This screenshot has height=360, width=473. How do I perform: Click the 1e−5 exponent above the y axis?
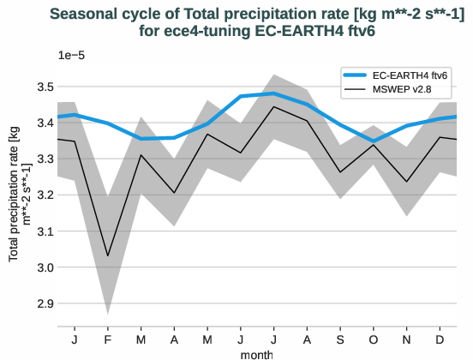click(x=71, y=56)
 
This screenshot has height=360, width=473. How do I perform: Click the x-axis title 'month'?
click(x=256, y=352)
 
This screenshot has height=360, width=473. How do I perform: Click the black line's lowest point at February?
click(x=108, y=255)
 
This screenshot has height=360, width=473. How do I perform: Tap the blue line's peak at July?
click(x=273, y=93)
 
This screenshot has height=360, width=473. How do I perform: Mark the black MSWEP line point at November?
click(x=406, y=182)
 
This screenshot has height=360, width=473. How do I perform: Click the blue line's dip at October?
click(x=373, y=141)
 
